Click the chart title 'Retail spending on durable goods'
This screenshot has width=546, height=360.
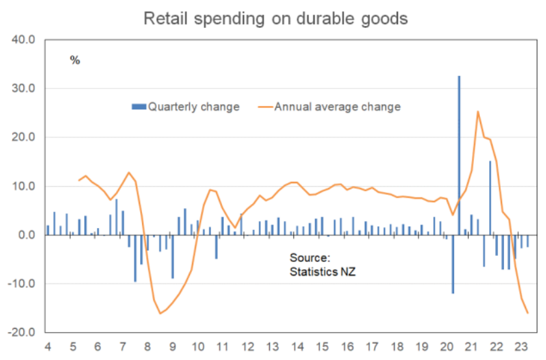[x=275, y=18]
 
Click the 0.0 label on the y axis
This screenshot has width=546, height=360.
[x=25, y=235]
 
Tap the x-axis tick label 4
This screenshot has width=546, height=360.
[x=47, y=347]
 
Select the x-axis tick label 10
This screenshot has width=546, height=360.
[x=197, y=347]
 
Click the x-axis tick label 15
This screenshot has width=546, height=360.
[x=322, y=347]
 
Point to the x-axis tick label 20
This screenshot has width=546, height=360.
[x=447, y=347]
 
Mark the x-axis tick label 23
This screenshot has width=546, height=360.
[x=521, y=347]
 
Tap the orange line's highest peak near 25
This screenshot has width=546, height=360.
[x=478, y=111]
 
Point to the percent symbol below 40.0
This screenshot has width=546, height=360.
[x=75, y=61]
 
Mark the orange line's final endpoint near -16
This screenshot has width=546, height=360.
[x=527, y=313]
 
